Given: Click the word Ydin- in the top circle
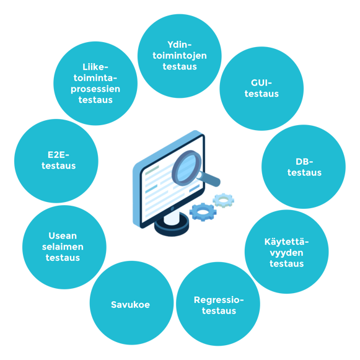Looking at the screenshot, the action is pos(179,45).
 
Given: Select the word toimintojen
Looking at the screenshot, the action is pos(180,56).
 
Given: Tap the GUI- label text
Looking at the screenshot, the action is pos(261,83).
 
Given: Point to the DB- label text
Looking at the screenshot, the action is pos(304,162).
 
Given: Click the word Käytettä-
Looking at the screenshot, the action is pos(286,242).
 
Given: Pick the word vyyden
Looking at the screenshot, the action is pos(286,253).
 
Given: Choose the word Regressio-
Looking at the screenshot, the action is pos(219,300).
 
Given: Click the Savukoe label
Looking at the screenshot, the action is pos(130,305).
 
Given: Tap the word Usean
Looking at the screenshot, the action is pos(63,236).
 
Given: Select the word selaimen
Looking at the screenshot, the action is pos(63,247).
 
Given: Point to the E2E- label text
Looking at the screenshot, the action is pos(58,155).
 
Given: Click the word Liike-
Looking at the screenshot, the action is pos(95,67).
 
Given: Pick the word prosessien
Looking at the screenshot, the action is pos(95,89).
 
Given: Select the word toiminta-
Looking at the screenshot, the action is pos(95,78).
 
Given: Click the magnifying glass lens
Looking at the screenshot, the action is pos(187,168).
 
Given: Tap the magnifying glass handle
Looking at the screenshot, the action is pos(209,178).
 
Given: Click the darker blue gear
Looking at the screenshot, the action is pos(203,212).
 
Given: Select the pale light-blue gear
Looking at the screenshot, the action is pos(224,200).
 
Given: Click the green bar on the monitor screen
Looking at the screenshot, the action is pos(152,170).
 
